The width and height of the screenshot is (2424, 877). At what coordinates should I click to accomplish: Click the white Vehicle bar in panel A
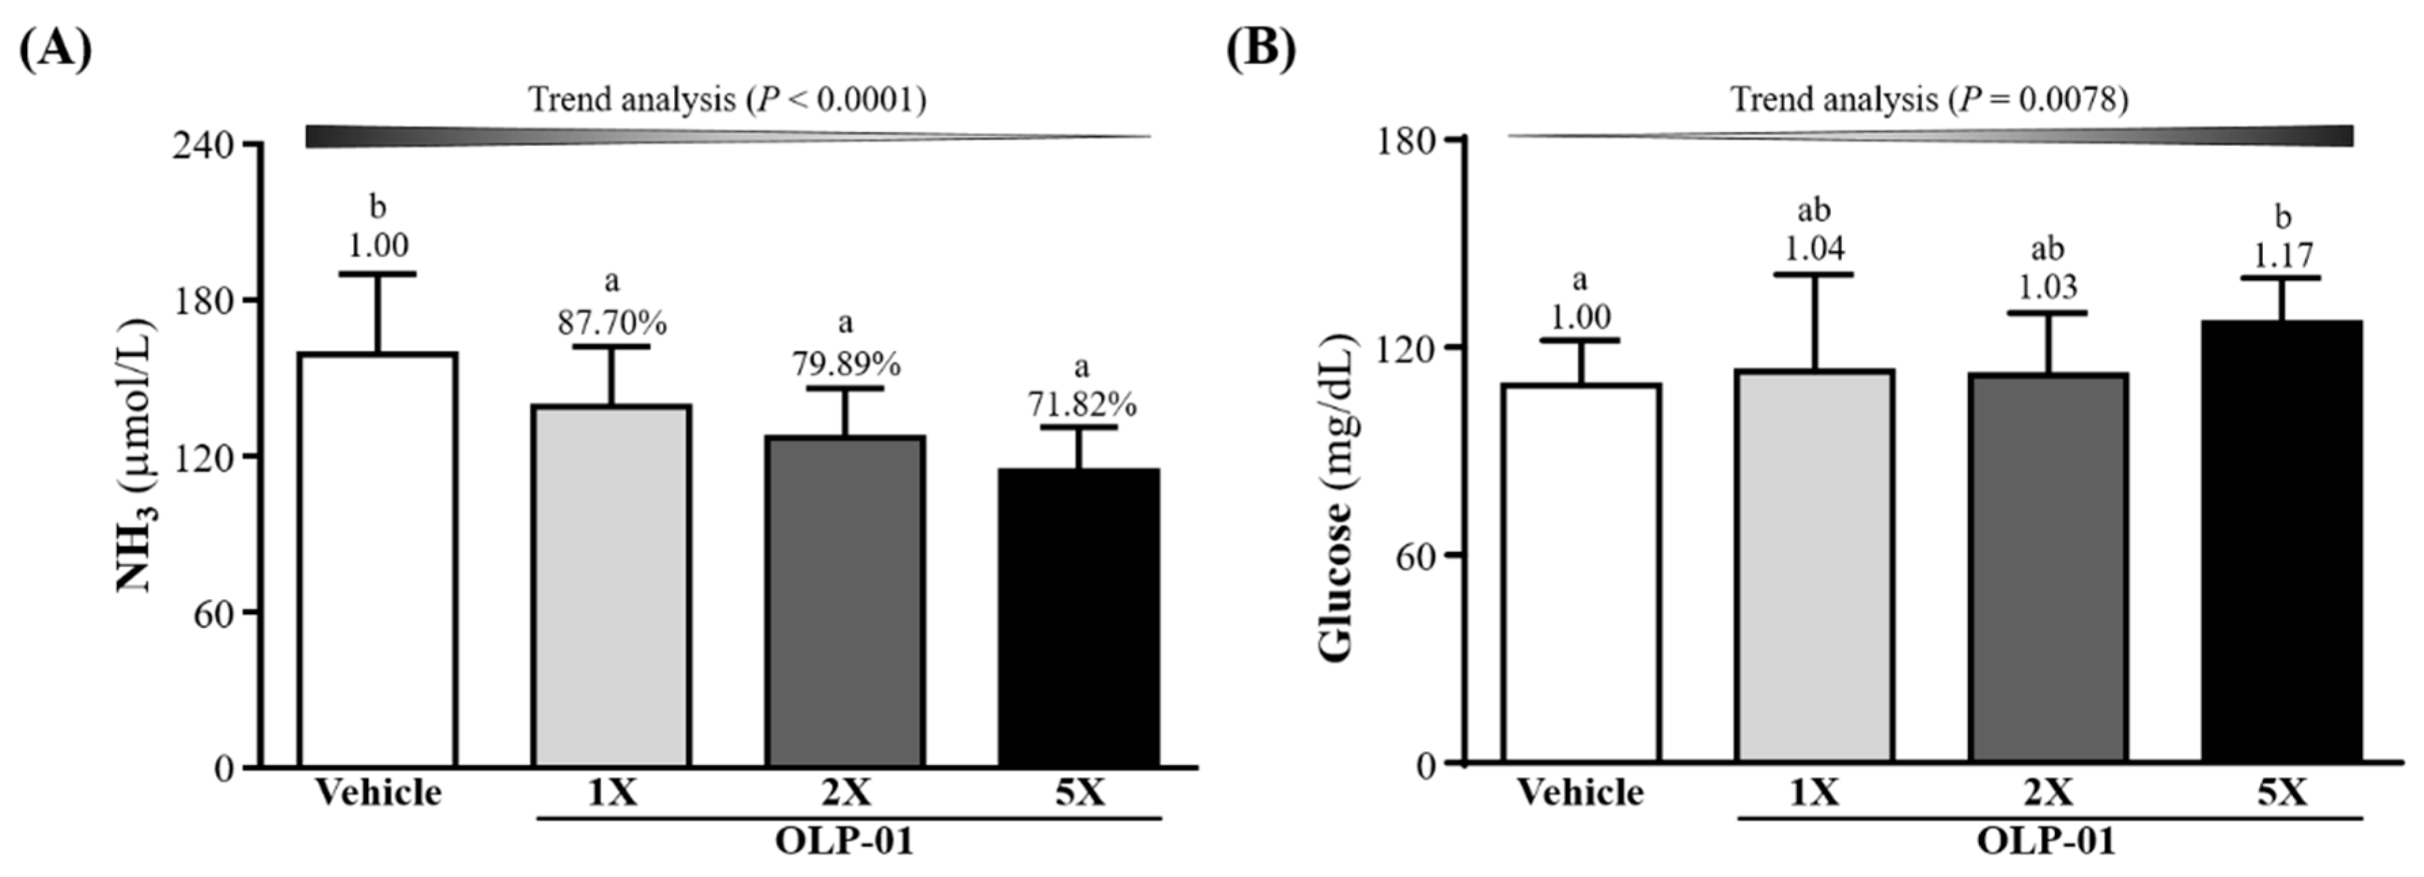377,560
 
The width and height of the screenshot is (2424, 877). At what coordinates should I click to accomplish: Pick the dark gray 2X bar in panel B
2048,567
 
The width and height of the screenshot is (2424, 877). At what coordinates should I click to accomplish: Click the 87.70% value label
611,323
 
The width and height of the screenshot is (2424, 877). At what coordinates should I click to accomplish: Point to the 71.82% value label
1081,405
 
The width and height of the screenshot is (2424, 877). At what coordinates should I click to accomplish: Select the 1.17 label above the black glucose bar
2282,255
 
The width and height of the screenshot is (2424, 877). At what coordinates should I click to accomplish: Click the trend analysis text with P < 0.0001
726,99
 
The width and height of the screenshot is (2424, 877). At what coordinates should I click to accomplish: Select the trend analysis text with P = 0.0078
1929,99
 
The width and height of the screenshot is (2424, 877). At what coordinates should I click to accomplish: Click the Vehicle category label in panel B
1580,792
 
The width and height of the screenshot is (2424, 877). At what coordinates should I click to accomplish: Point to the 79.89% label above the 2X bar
845,363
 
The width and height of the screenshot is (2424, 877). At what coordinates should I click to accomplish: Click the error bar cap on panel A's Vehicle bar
377,274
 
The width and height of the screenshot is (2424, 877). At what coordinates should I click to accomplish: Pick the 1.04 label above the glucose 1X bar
1814,249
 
